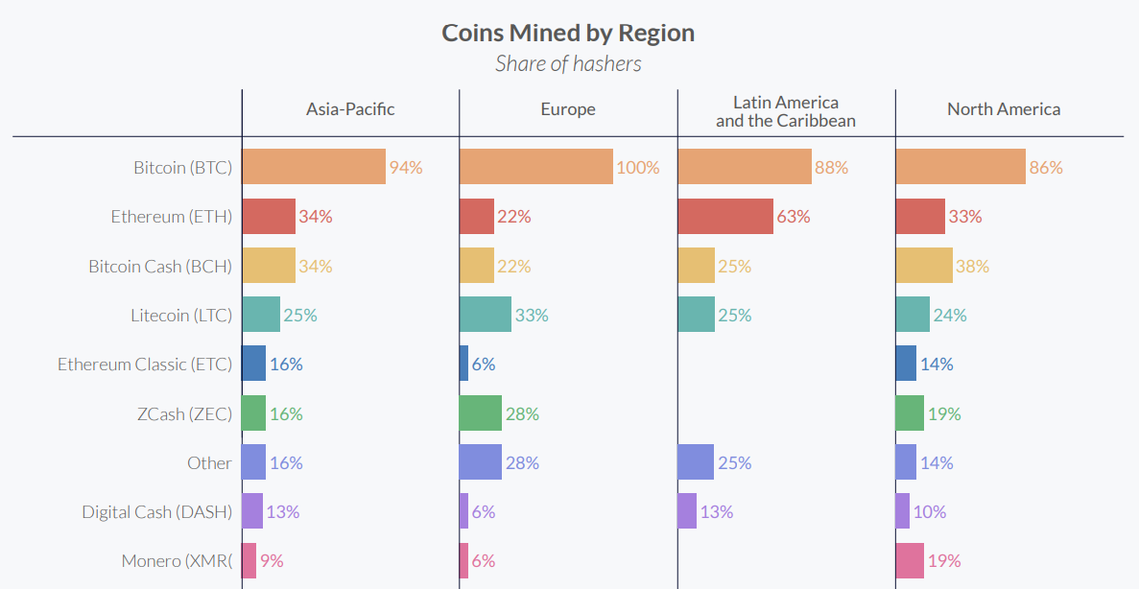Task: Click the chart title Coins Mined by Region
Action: pos(568,33)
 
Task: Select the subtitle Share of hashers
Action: pos(568,64)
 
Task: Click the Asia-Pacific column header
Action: pos(350,109)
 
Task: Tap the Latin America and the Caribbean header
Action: pos(786,111)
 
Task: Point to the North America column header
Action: pos(1004,109)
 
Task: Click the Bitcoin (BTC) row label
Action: pos(182,168)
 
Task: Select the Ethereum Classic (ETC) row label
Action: pos(145,365)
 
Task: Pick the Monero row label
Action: pos(177,561)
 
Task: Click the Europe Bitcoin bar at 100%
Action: pos(535,167)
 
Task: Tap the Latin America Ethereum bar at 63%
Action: pos(725,217)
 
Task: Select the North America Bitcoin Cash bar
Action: pos(924,266)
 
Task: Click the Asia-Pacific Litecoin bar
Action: pos(261,315)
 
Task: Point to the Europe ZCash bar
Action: pos(481,413)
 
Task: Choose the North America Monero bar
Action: pos(910,561)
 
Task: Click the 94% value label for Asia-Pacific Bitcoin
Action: pos(406,168)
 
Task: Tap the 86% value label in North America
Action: pos(1046,168)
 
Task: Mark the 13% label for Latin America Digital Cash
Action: pos(717,512)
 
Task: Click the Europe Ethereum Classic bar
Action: pos(464,365)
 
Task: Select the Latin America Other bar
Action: pos(696,462)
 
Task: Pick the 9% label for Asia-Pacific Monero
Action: pos(272,561)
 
